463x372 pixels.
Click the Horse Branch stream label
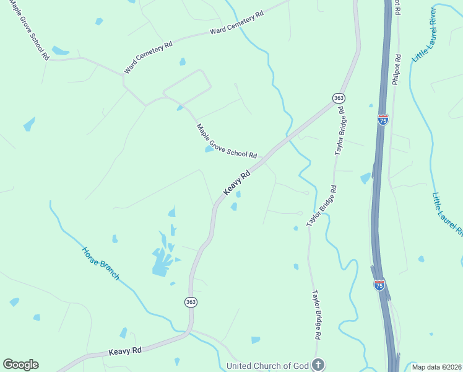[x=101, y=263]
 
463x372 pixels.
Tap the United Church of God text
[x=267, y=366]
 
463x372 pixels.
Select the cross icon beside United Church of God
[x=318, y=365]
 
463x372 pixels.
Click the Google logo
[x=20, y=365]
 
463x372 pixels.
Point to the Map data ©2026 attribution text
[x=436, y=367]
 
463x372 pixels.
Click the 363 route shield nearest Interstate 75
[x=339, y=99]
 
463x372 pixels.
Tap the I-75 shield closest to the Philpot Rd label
[x=383, y=120]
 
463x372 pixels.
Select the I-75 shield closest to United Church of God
[x=379, y=285]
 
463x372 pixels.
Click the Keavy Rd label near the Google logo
[x=125, y=350]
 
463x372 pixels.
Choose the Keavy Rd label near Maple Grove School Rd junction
[x=236, y=184]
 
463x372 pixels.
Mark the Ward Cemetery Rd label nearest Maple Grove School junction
[x=148, y=58]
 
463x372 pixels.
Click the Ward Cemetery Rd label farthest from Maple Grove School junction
[x=236, y=22]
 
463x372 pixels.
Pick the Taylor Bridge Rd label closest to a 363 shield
[x=340, y=130]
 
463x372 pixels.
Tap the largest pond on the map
[x=160, y=261]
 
